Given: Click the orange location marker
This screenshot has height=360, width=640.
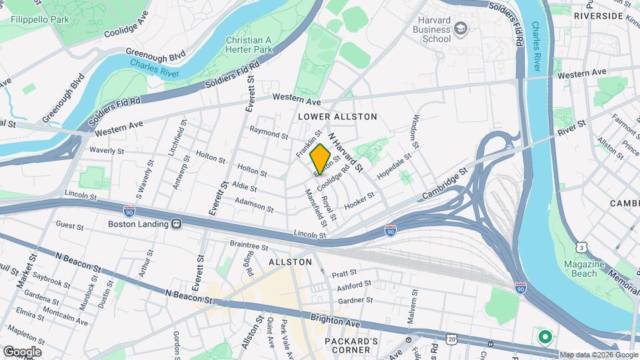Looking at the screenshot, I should click(x=320, y=158).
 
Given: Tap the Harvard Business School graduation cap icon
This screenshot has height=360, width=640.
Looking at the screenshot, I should click(x=460, y=29).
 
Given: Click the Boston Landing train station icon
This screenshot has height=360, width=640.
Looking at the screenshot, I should click(x=177, y=224).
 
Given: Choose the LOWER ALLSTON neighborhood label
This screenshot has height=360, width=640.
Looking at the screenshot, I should click(x=337, y=117).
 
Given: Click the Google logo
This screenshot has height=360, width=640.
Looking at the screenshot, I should click(x=21, y=351).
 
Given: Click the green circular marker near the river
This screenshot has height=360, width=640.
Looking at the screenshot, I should click(x=545, y=337).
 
